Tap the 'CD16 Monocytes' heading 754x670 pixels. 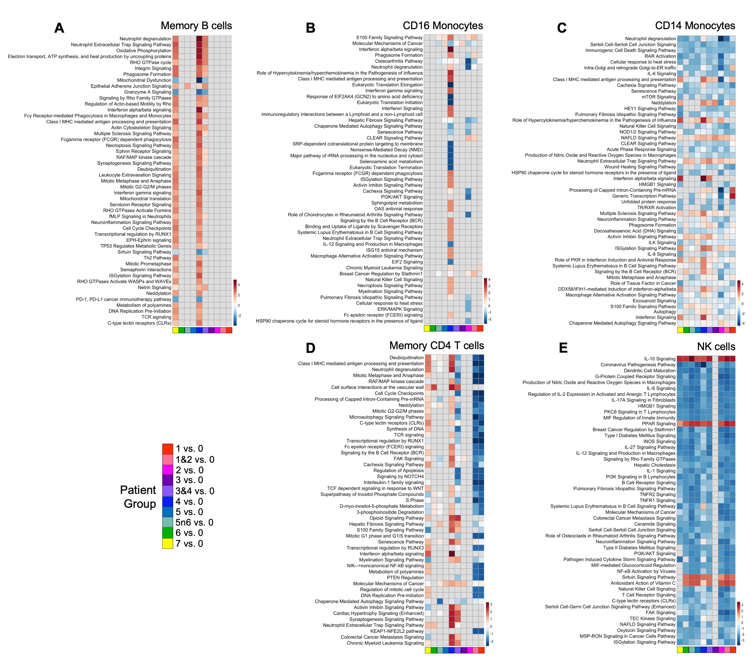click(443, 26)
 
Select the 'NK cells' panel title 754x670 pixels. click(716, 347)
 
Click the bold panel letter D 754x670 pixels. click(311, 348)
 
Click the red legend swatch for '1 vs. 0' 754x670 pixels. click(167, 449)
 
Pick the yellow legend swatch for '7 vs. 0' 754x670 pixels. click(167, 544)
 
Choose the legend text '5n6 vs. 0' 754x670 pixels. click(194, 523)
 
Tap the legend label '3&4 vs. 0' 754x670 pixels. click(194, 491)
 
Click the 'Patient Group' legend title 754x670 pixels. click(138, 497)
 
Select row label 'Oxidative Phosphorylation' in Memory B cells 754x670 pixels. click(144, 50)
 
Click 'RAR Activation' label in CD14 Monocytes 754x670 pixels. click(660, 56)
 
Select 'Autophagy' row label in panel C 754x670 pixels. click(665, 312)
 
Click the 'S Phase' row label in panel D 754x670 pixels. click(415, 500)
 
